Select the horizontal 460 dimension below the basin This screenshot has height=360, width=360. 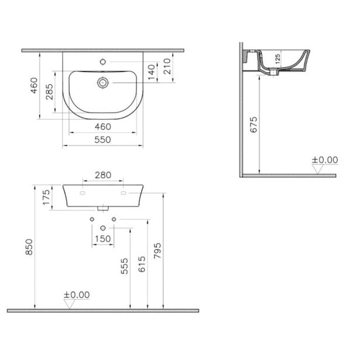coord(103,126)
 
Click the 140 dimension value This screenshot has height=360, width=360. coord(152,71)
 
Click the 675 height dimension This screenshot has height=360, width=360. coord(253,125)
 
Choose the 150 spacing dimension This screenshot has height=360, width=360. coord(103,238)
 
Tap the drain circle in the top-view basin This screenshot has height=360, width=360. coord(103,83)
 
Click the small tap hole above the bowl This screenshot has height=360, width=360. coord(103,60)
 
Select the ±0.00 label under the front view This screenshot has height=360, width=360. coord(77,295)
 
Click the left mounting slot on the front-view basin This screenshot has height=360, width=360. coord(82,192)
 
